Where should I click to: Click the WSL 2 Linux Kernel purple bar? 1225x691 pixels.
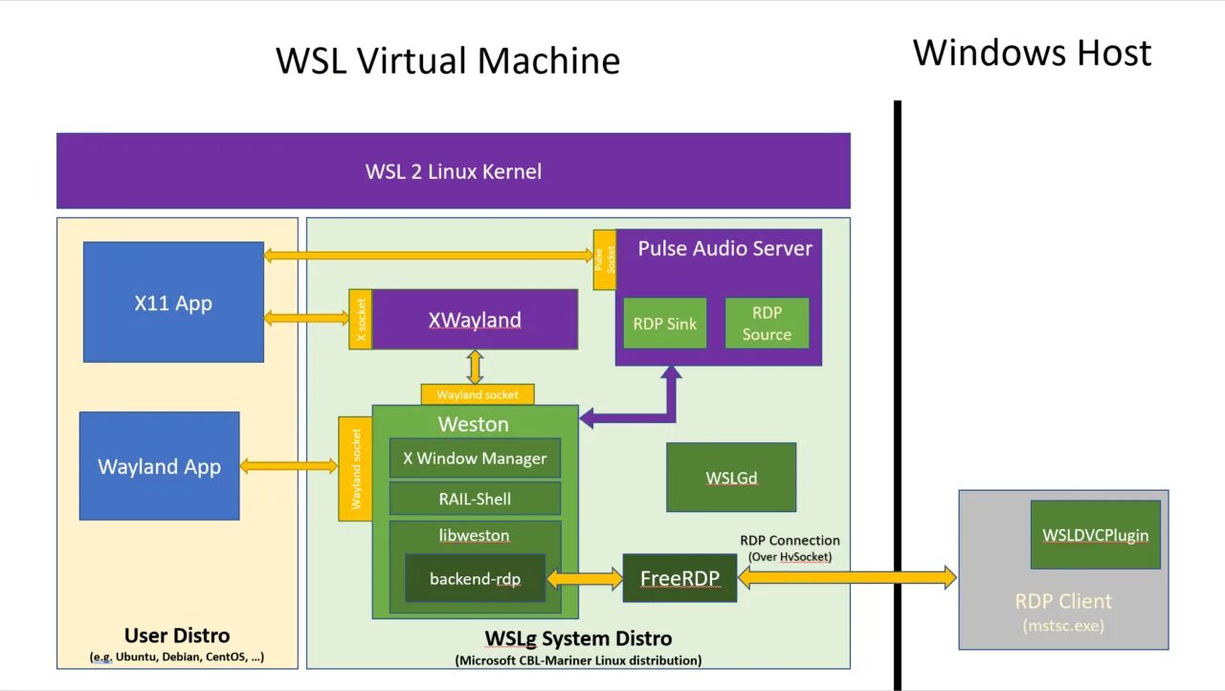click(453, 171)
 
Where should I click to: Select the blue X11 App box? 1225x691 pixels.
click(173, 302)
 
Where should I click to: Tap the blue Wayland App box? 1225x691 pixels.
click(159, 466)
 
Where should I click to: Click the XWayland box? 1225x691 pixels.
click(475, 320)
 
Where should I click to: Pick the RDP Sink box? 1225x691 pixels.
click(665, 323)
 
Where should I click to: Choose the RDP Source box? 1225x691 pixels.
click(767, 323)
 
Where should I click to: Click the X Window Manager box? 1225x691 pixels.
click(475, 458)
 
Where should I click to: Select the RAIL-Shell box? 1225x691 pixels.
click(475, 499)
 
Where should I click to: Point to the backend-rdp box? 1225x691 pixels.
click(475, 578)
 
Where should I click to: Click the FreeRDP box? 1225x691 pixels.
click(679, 578)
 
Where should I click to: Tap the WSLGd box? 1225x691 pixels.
click(731, 478)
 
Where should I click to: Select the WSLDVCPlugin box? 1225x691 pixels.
click(1095, 535)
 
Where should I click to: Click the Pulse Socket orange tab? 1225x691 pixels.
click(604, 260)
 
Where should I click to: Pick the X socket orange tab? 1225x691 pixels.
click(361, 320)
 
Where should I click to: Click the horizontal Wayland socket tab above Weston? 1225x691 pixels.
click(478, 394)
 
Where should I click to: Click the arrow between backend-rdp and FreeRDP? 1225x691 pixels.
click(585, 578)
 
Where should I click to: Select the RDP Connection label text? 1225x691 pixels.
click(790, 541)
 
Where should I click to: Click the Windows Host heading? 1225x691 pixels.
click(1032, 53)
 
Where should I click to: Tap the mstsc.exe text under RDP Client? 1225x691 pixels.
click(1063, 626)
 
